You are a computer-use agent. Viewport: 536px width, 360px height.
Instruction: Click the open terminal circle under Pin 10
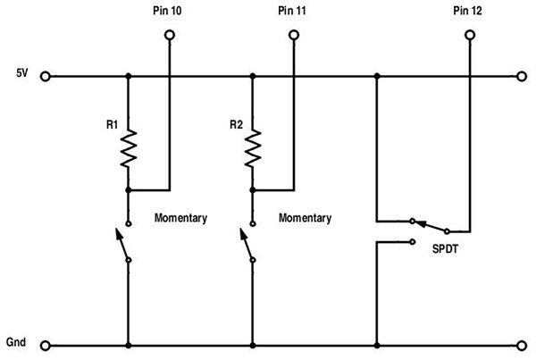point(168,36)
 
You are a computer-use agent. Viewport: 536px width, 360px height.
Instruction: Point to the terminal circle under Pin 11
point(293,36)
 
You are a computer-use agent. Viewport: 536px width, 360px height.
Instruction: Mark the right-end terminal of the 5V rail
point(522,77)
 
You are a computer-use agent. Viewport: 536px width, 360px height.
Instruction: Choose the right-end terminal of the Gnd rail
point(522,345)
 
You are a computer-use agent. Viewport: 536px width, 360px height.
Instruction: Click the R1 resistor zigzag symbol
point(130,148)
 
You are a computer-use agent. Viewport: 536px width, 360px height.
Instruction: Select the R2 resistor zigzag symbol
point(254,148)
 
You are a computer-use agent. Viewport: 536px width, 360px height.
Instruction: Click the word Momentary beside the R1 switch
point(181,218)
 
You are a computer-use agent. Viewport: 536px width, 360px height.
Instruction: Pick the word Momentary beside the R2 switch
point(306,218)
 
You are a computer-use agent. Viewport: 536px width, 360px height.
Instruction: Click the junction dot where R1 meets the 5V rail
point(130,77)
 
